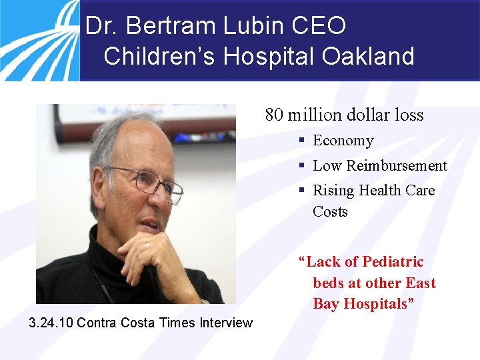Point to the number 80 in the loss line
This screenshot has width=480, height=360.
273,115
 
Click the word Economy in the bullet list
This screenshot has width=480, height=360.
343,141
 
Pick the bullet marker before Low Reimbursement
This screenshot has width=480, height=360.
302,165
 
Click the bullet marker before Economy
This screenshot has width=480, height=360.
302,141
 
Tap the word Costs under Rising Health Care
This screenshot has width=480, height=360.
330,212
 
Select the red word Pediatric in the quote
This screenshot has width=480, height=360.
393,261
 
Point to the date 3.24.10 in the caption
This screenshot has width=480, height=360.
51,323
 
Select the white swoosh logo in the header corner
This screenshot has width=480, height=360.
37,37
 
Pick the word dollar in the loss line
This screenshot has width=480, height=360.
367,115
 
